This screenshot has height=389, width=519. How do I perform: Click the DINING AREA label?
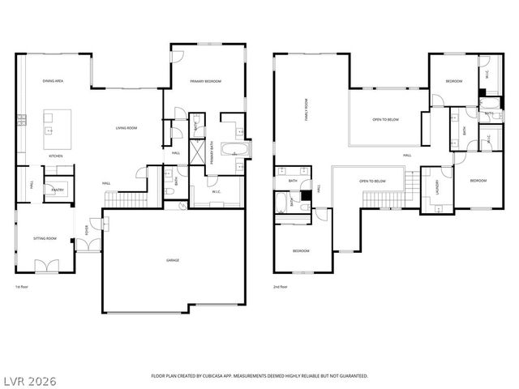[x=54, y=82]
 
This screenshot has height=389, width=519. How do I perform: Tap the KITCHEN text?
[x=55, y=156]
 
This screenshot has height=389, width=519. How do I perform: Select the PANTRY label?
[x=58, y=190]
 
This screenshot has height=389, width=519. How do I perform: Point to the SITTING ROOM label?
[x=45, y=238]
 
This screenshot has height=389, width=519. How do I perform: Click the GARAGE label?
[x=173, y=260]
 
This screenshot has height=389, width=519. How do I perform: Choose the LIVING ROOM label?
[x=126, y=127]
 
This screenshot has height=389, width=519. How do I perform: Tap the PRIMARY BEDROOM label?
[x=205, y=82]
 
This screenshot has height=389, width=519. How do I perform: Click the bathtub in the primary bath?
[x=236, y=150]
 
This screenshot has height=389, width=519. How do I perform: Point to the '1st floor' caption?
[x=23, y=287]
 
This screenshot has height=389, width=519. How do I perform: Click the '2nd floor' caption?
[x=280, y=287]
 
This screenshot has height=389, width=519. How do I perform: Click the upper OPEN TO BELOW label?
[x=385, y=119]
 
